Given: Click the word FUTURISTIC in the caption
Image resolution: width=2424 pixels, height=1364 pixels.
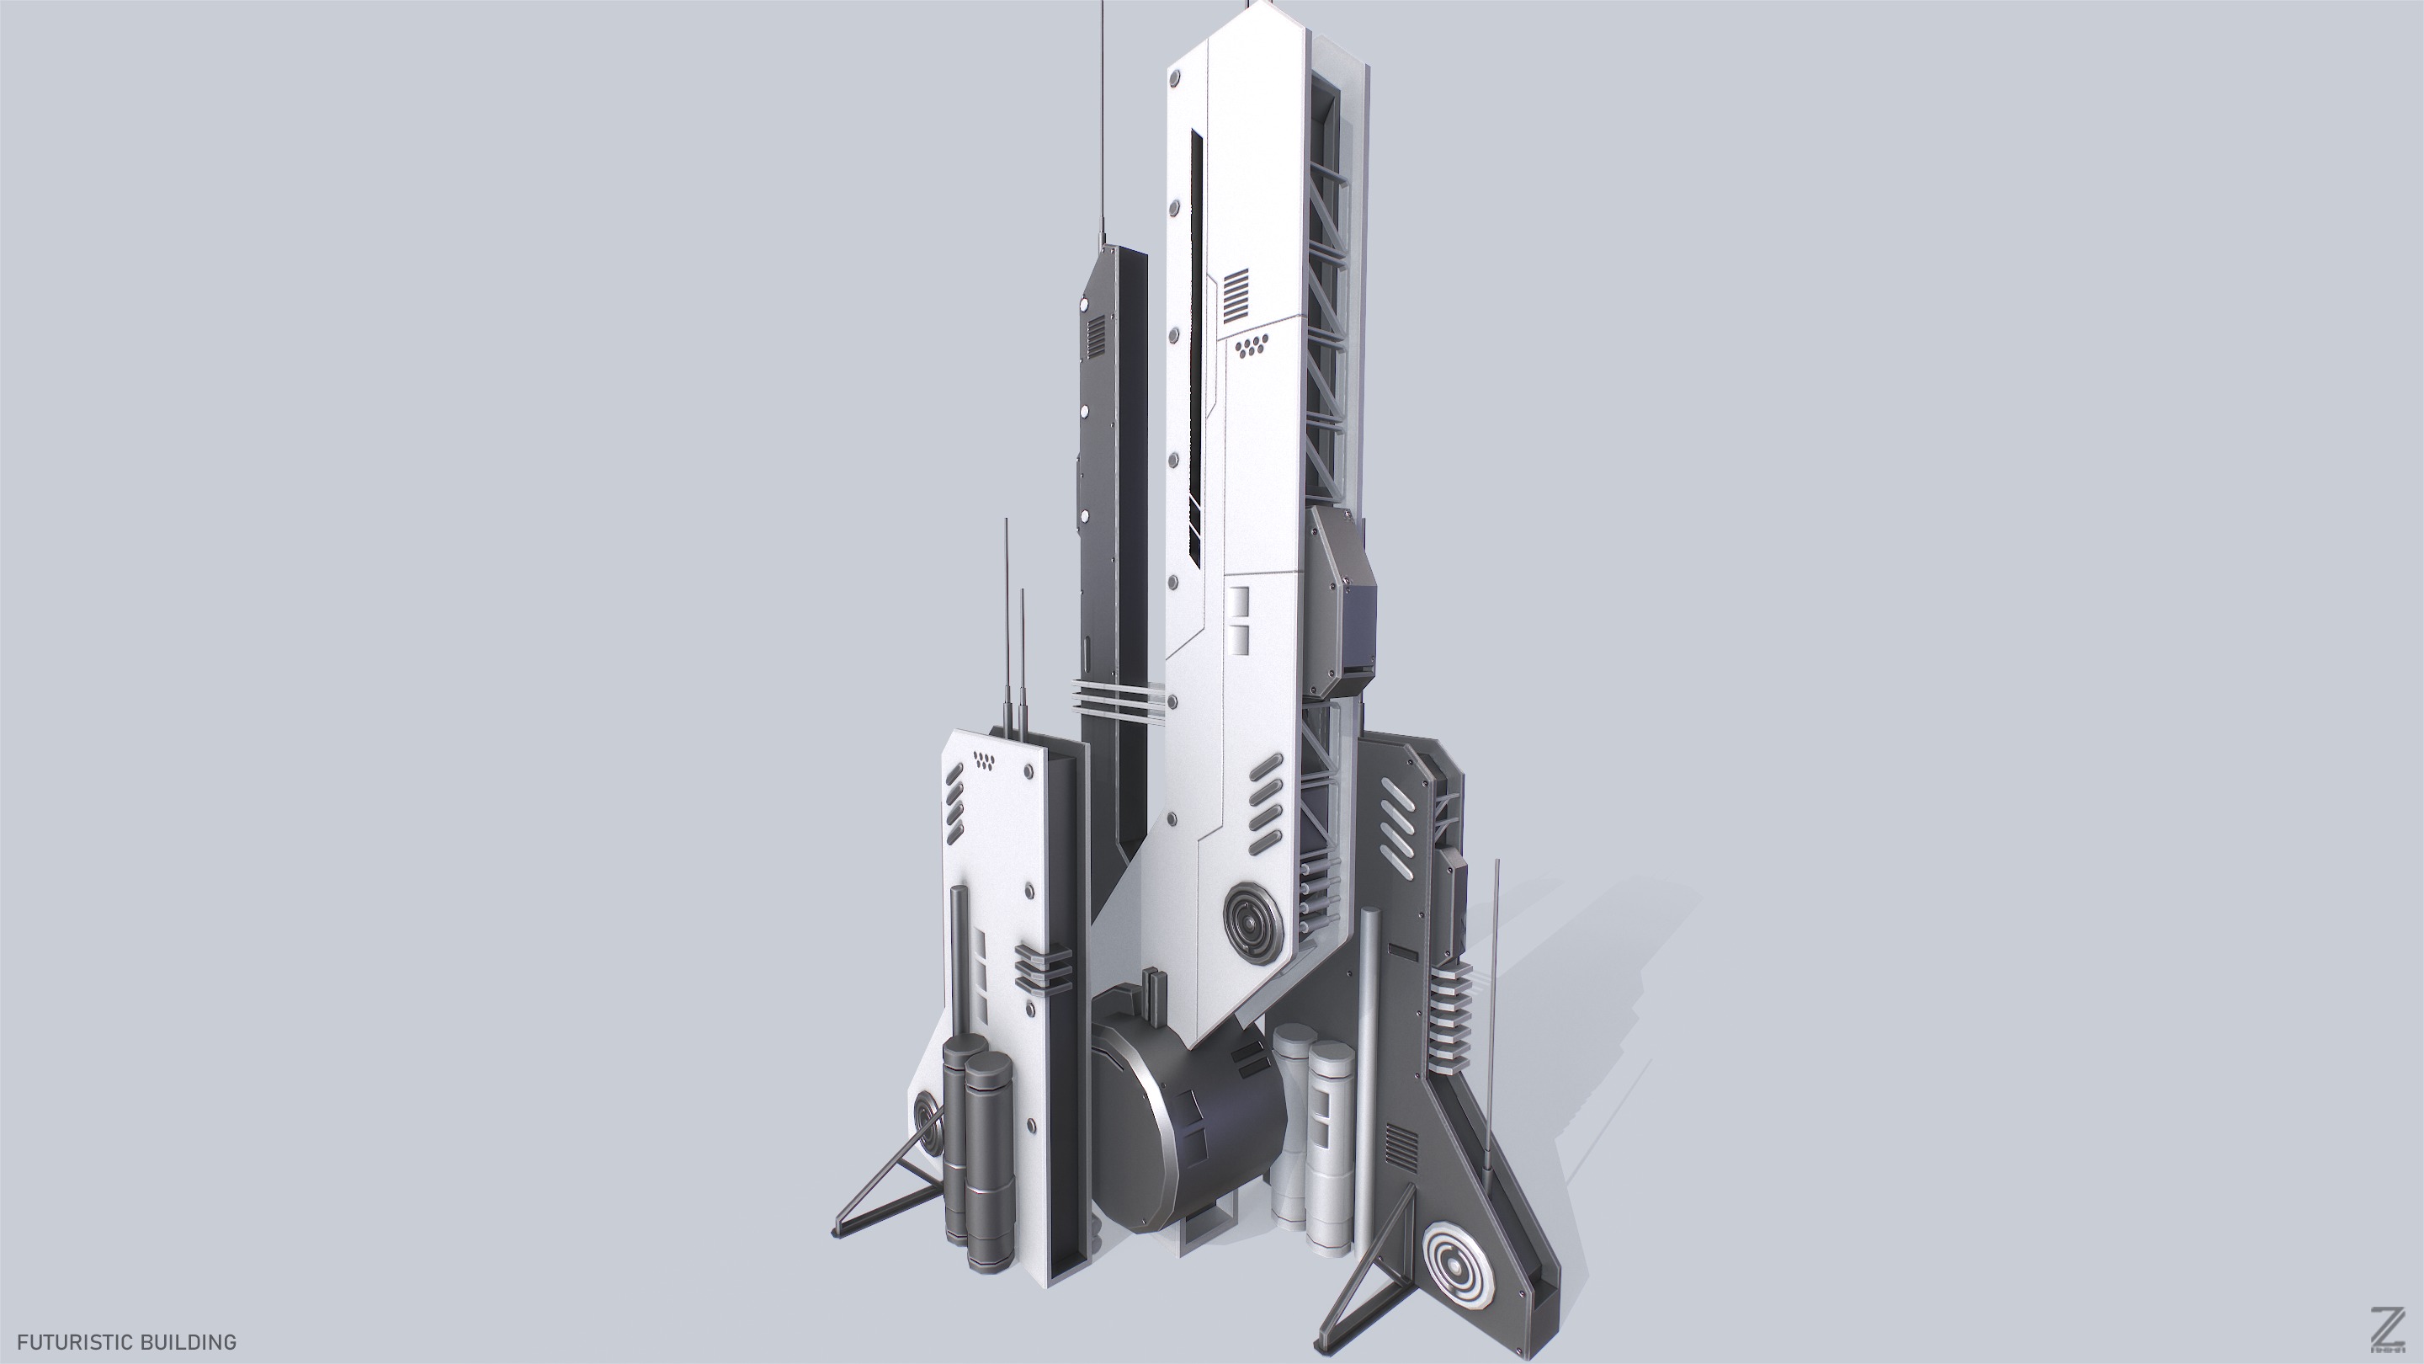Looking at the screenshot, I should click(x=73, y=1341).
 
